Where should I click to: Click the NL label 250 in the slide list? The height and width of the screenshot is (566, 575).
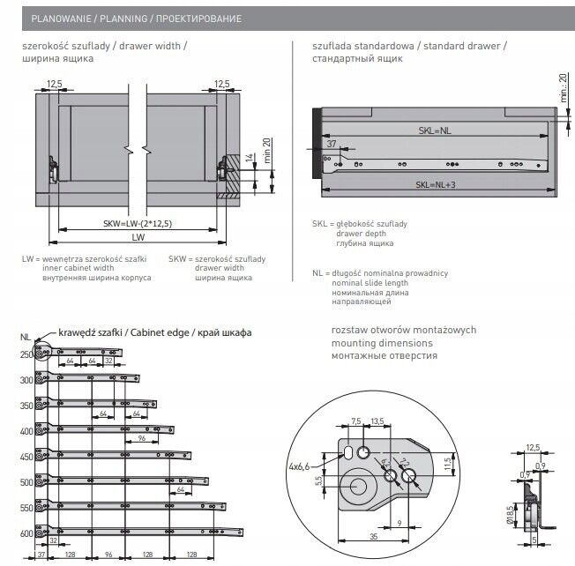point(26,354)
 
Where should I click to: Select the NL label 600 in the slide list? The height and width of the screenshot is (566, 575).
point(26,534)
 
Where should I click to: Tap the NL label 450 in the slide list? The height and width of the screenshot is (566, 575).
point(26,458)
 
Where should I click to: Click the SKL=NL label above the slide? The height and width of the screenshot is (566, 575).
point(436,130)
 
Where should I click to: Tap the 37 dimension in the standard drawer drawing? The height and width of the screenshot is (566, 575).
point(332,143)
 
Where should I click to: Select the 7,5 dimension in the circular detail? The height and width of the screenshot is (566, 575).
point(356,421)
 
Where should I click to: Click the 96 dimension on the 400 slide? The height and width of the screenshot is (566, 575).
point(140,438)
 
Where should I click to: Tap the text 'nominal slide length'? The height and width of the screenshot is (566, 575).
point(370,283)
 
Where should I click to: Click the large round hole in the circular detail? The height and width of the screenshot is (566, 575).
point(359,488)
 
